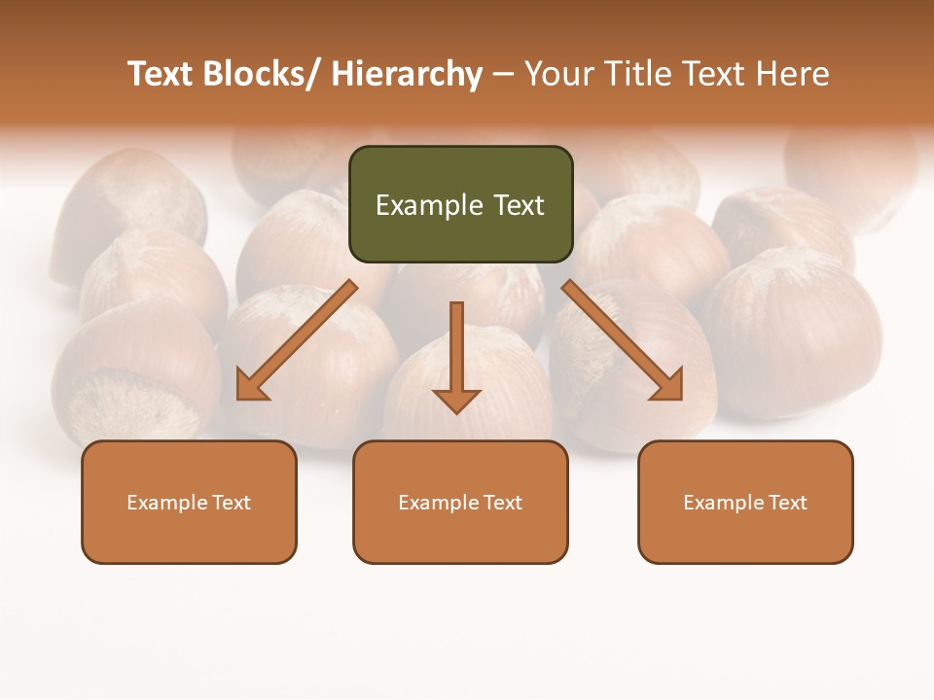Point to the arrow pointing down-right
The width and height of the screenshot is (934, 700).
coord(622,341)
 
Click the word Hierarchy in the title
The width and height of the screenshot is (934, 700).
coord(407,74)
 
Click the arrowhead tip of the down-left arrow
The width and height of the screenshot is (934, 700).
coord(240,397)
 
